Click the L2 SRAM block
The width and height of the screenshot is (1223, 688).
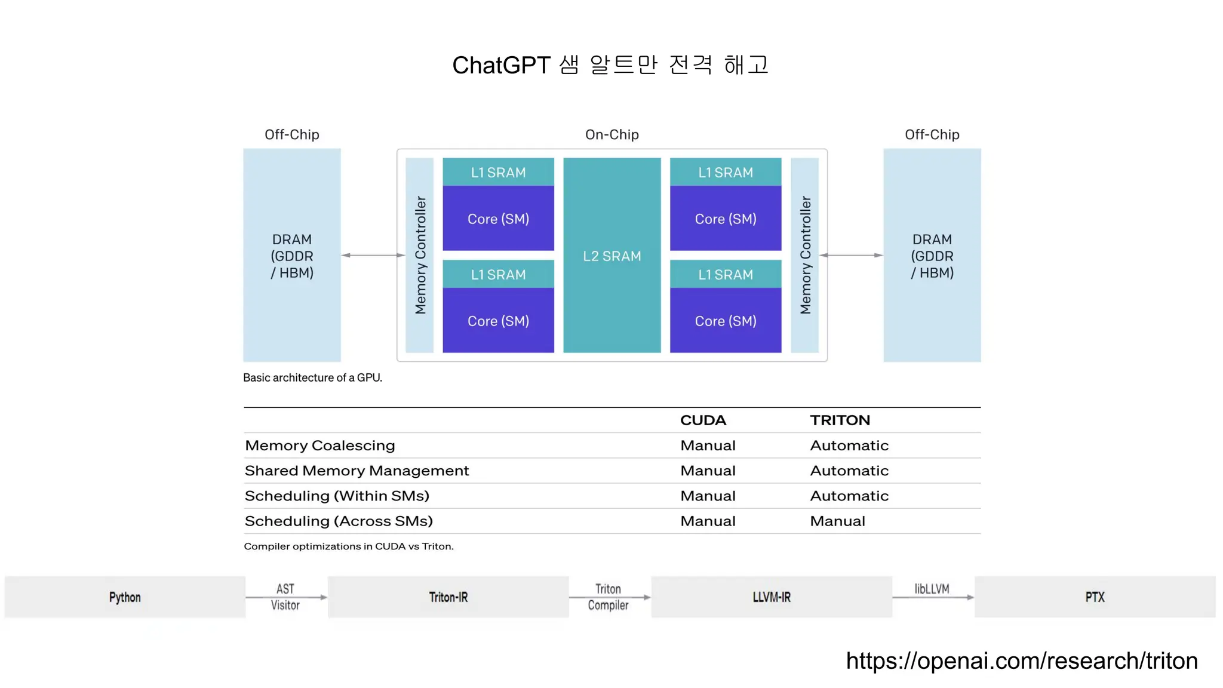tap(611, 256)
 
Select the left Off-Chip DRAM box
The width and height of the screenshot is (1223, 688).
tap(291, 256)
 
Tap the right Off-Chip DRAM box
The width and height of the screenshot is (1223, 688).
tap(932, 256)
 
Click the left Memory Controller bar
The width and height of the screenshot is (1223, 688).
tap(420, 255)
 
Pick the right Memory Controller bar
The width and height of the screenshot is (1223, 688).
tap(805, 255)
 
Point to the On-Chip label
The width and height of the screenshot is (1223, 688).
tap(611, 134)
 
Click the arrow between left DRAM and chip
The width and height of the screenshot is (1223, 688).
tap(373, 255)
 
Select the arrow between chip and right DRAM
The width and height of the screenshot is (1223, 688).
tap(852, 255)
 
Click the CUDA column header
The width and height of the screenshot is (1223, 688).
tap(703, 420)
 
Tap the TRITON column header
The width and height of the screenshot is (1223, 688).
tap(840, 420)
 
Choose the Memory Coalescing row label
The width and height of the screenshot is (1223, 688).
tap(319, 446)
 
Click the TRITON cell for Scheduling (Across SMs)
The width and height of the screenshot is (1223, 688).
tap(837, 521)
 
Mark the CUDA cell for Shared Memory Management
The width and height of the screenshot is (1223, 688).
tap(708, 471)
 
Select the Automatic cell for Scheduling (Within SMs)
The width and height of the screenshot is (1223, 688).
tap(849, 496)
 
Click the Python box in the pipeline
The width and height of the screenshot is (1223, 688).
tap(125, 597)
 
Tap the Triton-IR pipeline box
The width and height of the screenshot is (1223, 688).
tap(448, 597)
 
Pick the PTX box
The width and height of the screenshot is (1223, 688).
tap(1095, 597)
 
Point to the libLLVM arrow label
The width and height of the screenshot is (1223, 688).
tap(932, 589)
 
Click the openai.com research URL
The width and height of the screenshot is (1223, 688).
tap(1022, 661)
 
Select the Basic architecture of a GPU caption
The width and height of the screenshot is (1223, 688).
tap(312, 377)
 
